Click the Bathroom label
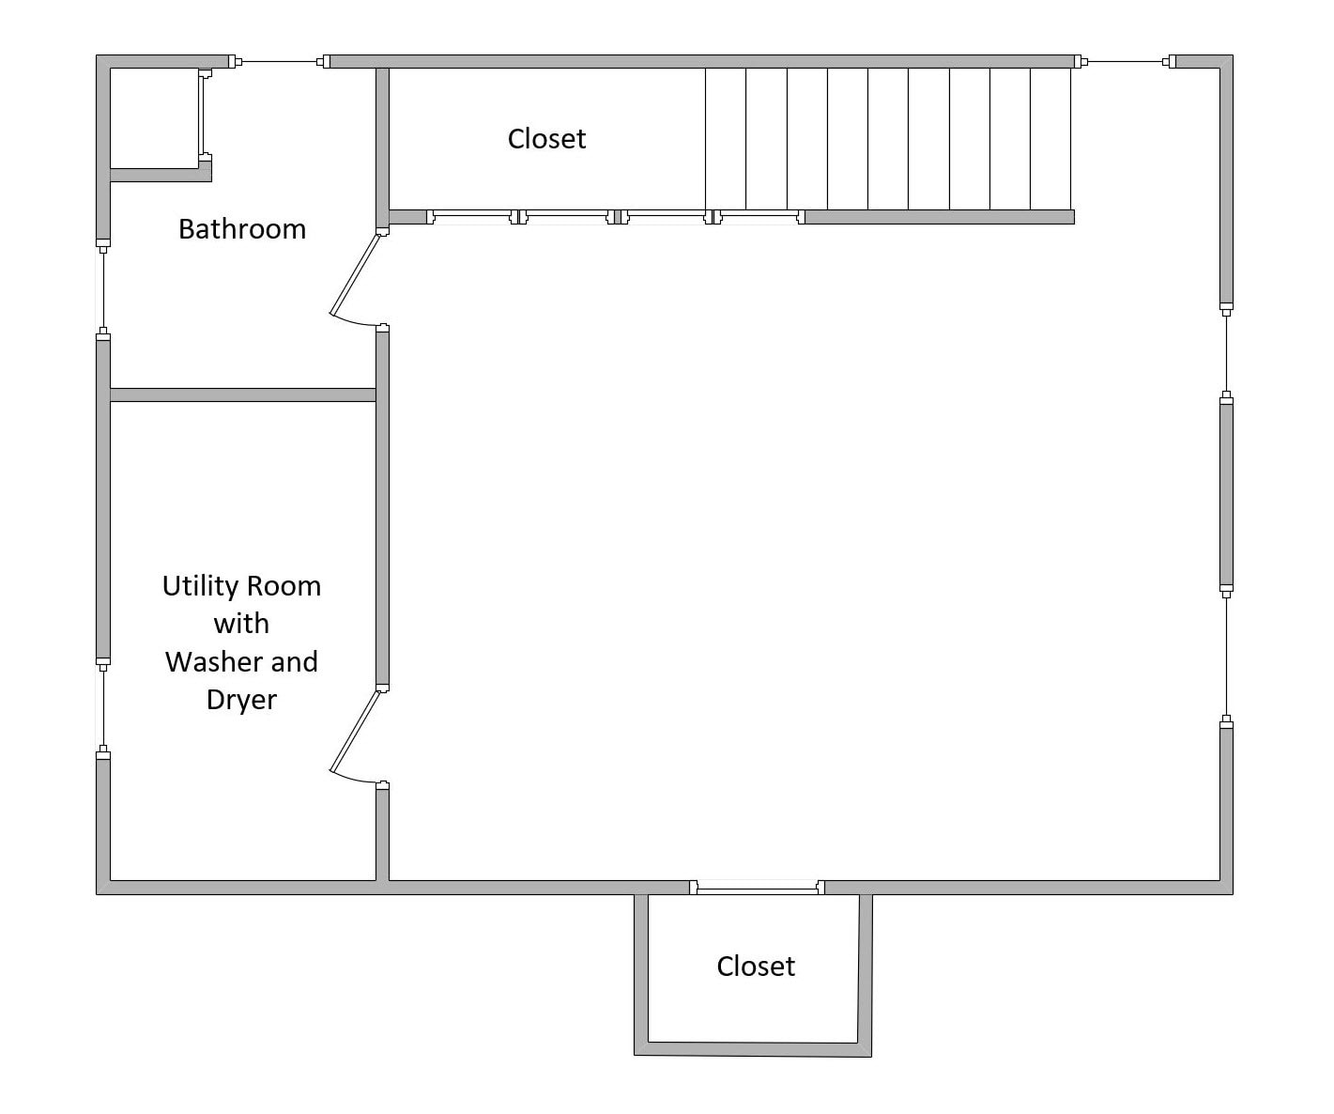point(242,229)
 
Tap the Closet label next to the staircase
point(546,139)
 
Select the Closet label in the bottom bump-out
point(756,967)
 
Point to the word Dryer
point(241,700)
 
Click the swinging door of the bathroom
point(355,276)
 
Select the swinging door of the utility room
point(355,732)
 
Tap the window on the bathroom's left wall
point(103,288)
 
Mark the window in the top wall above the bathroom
point(280,62)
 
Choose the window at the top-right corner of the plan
point(1125,62)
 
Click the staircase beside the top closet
point(888,139)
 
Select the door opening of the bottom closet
point(757,887)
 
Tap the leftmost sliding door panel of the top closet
point(472,217)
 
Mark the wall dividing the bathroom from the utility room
point(242,395)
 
